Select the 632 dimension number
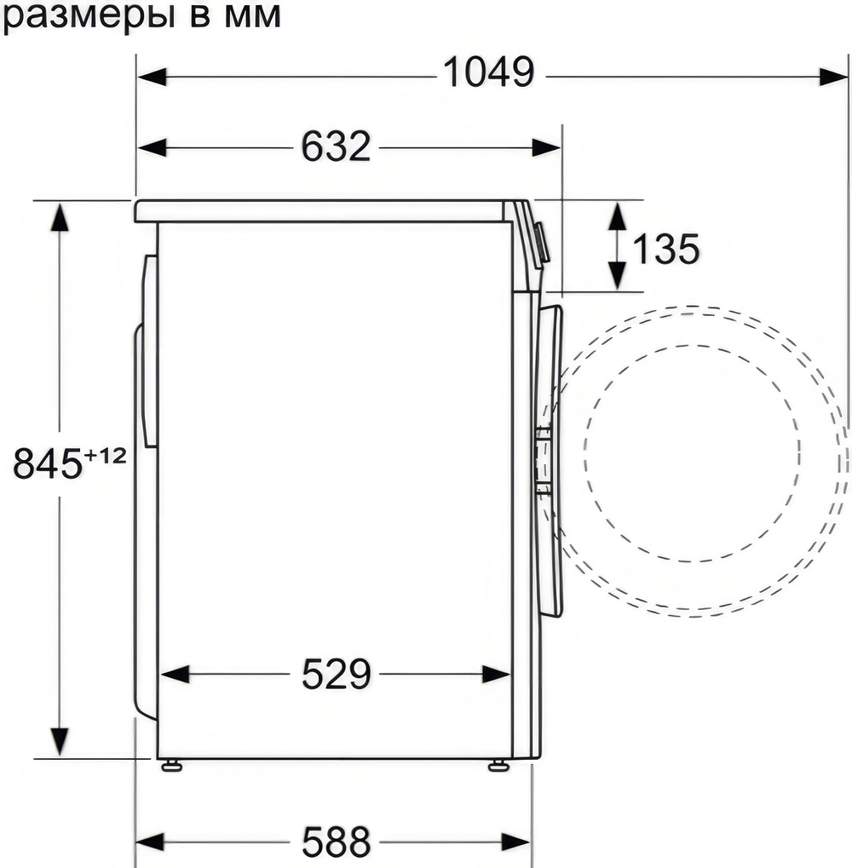(x=336, y=147)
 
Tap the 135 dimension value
(x=665, y=249)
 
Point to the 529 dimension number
(x=336, y=675)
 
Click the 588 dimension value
(x=336, y=842)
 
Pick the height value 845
(x=48, y=464)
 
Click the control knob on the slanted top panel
(x=542, y=243)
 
